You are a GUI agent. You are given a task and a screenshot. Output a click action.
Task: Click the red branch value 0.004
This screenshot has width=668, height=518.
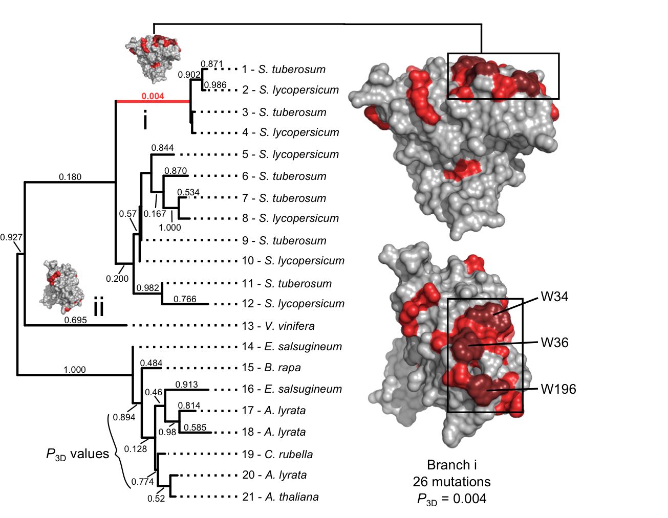(153, 96)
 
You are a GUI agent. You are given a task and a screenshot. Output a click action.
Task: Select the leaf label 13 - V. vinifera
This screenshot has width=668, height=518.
(278, 326)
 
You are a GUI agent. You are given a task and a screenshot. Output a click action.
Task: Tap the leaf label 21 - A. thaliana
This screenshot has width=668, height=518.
(280, 497)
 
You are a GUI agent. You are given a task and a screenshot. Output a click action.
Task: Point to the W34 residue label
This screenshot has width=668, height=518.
(554, 297)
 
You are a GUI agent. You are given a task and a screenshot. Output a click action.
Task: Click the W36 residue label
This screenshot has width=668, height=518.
(554, 342)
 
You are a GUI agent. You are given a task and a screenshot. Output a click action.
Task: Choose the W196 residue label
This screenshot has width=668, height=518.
(558, 389)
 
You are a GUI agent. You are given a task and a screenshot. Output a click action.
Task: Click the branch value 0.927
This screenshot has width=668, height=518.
(11, 237)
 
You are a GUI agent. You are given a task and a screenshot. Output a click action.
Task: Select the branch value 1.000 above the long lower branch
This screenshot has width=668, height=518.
(75, 369)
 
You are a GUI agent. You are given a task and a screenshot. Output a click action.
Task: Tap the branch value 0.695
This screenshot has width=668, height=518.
(75, 320)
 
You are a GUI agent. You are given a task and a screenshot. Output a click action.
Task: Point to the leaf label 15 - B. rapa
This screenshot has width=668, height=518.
(271, 367)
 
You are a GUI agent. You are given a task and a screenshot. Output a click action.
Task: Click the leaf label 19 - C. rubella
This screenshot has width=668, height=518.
(277, 454)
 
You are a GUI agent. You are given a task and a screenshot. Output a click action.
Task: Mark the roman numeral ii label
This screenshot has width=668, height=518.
(98, 308)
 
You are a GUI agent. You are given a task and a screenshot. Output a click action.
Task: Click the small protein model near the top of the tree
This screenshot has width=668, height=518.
(152, 58)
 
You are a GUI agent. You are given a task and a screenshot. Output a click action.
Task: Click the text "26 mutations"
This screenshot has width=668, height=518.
(451, 482)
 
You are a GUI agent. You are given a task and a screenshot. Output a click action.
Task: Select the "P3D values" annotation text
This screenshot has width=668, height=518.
(77, 454)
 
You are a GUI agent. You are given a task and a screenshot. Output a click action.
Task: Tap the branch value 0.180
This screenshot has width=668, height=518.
(70, 177)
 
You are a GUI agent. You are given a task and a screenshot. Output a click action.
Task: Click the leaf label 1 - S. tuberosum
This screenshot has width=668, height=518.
(284, 69)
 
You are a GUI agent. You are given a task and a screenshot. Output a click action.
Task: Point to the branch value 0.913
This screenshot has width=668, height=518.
(186, 385)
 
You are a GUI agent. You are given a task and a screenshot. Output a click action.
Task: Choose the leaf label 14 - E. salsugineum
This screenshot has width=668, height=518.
(291, 346)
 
